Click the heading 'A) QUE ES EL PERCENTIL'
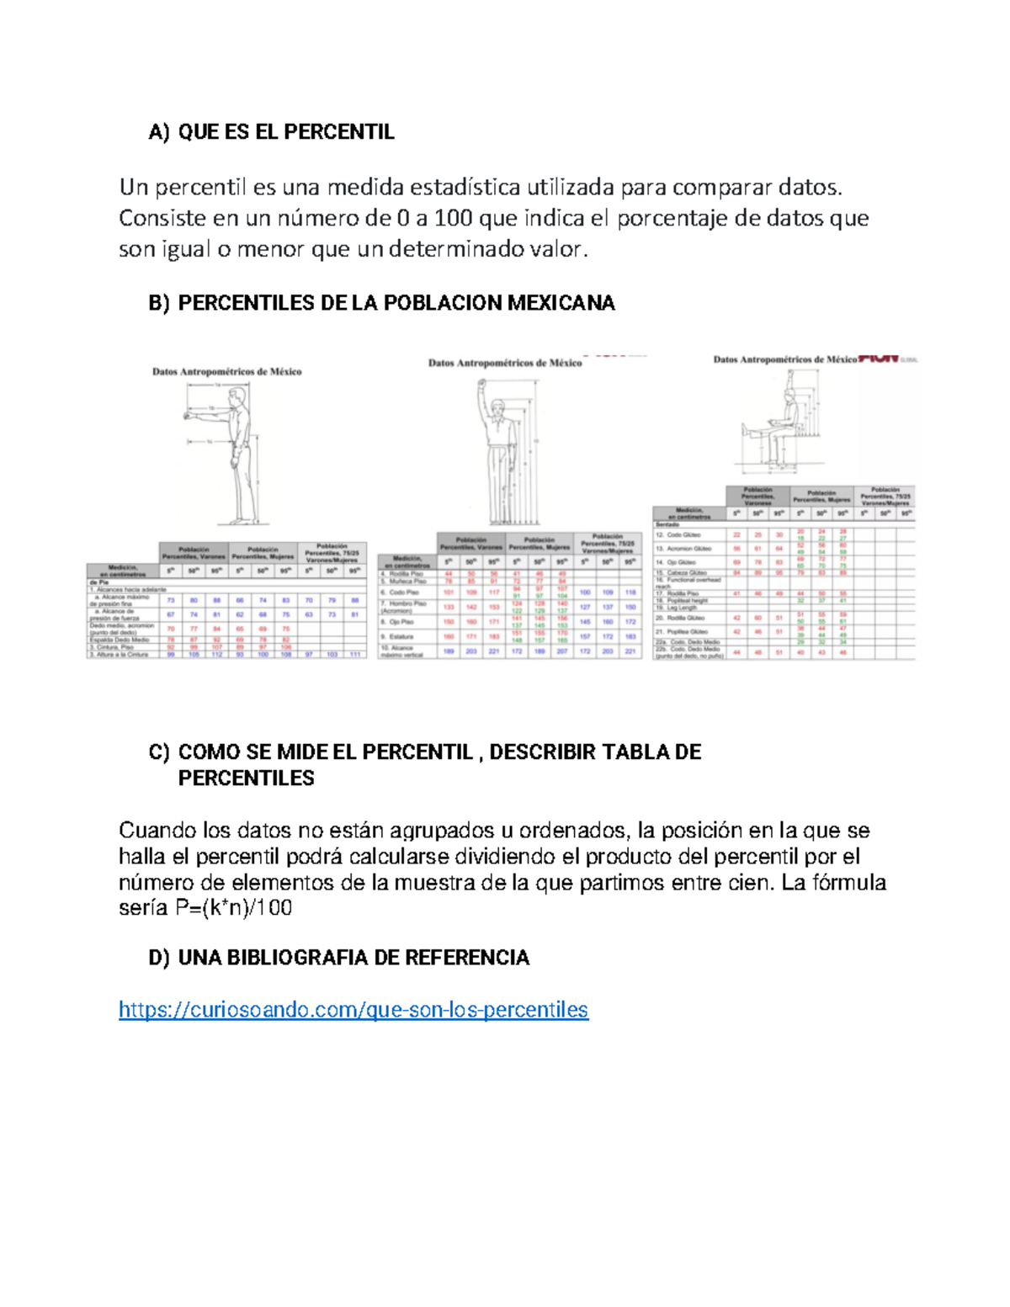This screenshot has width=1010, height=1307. click(271, 132)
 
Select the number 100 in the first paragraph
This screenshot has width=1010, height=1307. click(454, 219)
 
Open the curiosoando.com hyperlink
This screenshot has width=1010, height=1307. click(353, 1009)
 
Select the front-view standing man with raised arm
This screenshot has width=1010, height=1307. click(502, 450)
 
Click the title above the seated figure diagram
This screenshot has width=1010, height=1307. click(784, 359)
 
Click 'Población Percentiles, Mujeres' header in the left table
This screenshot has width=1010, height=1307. click(263, 553)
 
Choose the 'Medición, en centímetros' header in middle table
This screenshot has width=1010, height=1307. click(407, 561)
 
